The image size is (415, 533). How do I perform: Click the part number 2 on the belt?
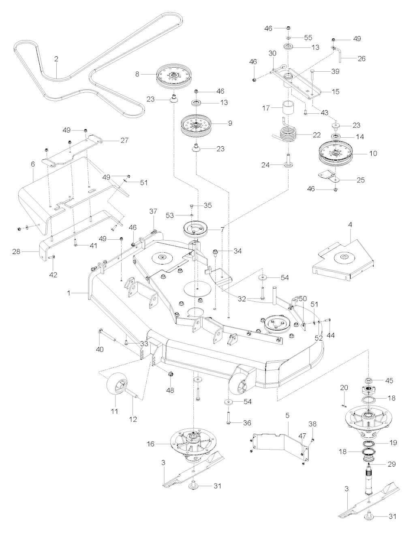pyautogui.click(x=56, y=59)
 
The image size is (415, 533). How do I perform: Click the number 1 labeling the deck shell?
pyautogui.click(x=69, y=292)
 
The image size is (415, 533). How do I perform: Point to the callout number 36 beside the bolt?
pyautogui.click(x=246, y=423)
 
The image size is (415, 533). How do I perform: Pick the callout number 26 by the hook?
pyautogui.click(x=361, y=58)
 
